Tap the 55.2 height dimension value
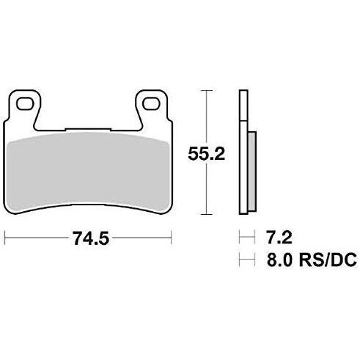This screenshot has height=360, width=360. click(206, 154)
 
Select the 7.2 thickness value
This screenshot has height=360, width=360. click(279, 238)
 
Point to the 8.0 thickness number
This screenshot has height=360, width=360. click(279, 260)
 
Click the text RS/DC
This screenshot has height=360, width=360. click(328, 260)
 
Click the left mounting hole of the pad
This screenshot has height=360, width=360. click(25, 103)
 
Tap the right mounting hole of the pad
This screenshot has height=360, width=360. click(151, 103)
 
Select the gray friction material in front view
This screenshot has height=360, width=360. click(88, 171)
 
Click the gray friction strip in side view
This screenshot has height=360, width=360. click(252, 171)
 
